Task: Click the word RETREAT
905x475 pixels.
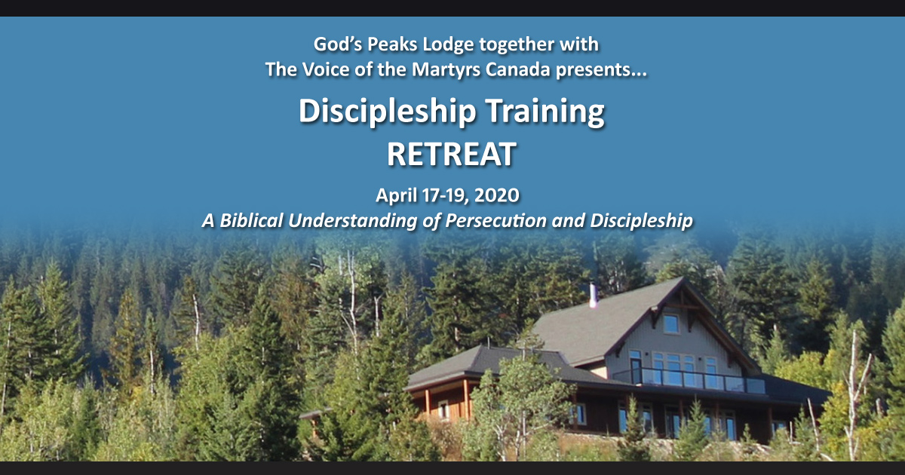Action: point(451,155)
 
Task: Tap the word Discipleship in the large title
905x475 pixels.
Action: point(388,112)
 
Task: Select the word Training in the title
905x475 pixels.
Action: point(545,112)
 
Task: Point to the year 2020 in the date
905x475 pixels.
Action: point(496,195)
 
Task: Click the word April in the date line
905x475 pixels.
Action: point(396,196)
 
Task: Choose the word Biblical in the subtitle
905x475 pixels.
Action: point(251,220)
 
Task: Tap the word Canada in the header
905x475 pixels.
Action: point(518,69)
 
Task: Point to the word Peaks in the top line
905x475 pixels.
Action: point(392,44)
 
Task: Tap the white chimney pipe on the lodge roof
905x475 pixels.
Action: point(593,296)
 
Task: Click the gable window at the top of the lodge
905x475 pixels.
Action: point(671,324)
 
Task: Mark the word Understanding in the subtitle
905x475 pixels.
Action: point(352,220)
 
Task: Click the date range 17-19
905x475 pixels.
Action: point(443,195)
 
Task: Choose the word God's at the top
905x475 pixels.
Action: point(338,44)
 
